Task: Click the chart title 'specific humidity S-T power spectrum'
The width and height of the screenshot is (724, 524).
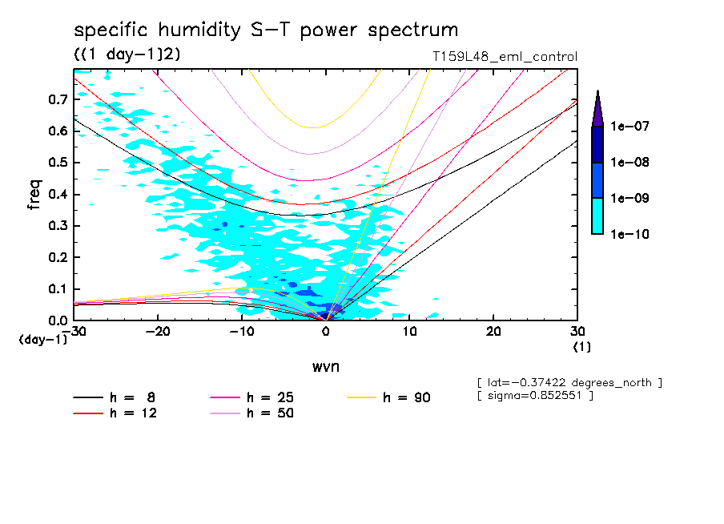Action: coord(266,30)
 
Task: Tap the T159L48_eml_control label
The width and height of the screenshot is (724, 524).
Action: coord(504,57)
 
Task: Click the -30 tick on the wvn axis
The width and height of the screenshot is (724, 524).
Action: coord(74,331)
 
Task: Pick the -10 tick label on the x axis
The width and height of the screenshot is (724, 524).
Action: coord(241,331)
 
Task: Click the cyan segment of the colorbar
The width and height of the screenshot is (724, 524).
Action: coord(597,216)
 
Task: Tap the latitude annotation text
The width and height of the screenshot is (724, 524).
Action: coord(569,383)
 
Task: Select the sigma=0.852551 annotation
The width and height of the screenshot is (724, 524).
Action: coord(534,397)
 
